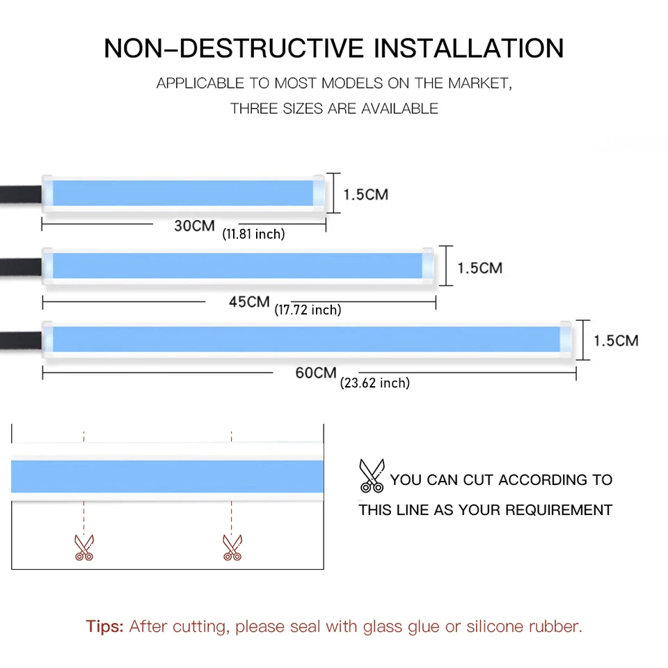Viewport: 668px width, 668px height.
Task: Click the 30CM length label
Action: coord(194,225)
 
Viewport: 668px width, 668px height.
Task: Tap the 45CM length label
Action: coord(248,302)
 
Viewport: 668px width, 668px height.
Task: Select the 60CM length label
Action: coord(315,372)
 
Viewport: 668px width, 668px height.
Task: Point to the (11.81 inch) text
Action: coord(253,234)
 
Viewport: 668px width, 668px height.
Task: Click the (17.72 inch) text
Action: coord(308,310)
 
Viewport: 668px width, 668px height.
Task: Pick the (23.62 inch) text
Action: coord(374,383)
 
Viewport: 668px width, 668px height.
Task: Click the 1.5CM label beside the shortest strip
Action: coord(365,194)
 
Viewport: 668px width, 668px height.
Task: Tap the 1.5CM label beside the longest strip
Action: coord(615,340)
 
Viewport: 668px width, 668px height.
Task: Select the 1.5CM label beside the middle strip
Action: coord(479,268)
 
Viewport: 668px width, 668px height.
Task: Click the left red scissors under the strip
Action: coord(83,547)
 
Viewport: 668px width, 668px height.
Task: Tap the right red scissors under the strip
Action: coord(232,547)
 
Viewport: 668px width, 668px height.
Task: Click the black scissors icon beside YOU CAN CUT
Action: coord(371,475)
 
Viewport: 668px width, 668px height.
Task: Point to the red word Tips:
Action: coord(104,626)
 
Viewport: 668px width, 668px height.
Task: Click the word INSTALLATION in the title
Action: coord(469,48)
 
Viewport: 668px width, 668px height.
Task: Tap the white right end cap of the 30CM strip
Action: coord(318,193)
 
